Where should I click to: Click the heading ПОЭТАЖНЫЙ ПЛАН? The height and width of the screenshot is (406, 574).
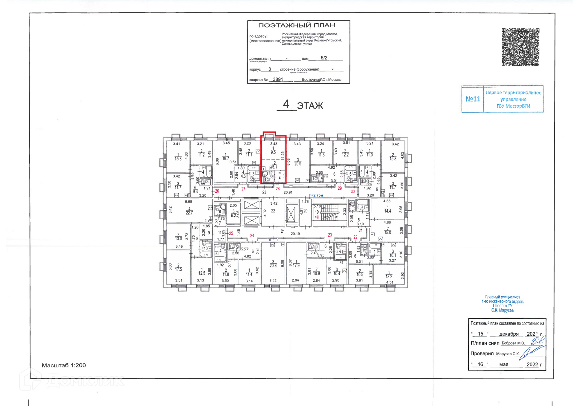pos(296,25)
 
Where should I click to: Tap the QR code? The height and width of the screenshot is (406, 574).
pos(520,47)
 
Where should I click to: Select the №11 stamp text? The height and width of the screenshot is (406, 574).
pos(473,99)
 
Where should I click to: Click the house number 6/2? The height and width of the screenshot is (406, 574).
pos(324,58)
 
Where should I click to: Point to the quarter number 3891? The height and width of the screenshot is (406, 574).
pos(278,79)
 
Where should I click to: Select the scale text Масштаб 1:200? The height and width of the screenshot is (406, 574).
pos(64,365)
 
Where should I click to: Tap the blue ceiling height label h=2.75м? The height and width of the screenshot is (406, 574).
pos(316,195)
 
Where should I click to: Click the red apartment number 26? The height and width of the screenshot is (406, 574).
pos(217,191)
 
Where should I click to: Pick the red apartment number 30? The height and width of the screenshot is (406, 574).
pos(352,191)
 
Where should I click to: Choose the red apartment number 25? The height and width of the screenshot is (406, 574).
pos(231,233)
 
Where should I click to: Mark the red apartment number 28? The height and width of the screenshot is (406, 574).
pos(277,188)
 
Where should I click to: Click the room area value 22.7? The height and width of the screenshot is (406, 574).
pos(189,213)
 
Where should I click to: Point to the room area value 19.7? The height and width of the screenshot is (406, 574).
pos(225,159)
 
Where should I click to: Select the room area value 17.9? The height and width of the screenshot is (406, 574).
pos(296,265)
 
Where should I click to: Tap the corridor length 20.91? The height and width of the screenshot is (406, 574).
pos(288,192)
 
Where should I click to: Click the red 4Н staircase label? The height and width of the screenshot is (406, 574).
pos(317,217)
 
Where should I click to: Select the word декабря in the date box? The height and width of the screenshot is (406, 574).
pos(509,334)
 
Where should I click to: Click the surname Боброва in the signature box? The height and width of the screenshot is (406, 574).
pos(508,343)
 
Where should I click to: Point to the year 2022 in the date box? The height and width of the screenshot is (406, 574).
pos(532,364)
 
